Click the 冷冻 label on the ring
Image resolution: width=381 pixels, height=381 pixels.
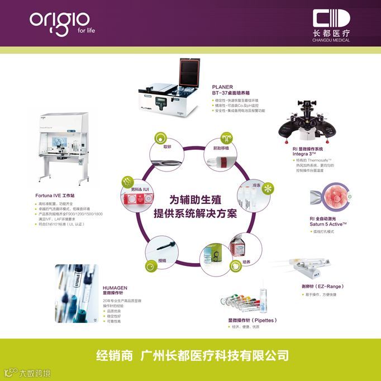click(x=256, y=184)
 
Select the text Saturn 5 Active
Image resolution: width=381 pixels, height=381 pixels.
click(x=328, y=224)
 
